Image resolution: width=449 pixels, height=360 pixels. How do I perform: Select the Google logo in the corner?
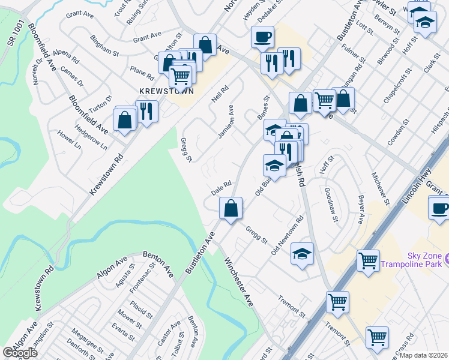(x=20, y=353)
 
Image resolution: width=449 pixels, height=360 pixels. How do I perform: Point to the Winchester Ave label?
(x=239, y=283)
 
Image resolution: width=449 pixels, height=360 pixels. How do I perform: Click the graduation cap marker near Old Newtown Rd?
(x=303, y=253)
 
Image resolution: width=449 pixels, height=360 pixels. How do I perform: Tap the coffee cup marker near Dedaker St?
(x=263, y=37)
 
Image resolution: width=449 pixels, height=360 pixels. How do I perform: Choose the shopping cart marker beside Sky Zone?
(x=368, y=260)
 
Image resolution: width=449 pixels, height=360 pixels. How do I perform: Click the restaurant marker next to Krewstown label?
(x=146, y=110)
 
